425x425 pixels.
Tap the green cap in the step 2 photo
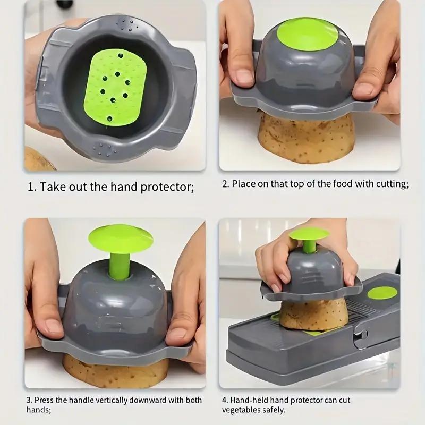coord(308,34)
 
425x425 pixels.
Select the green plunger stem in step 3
coord(120,265)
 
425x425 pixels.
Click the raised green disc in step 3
coord(120,237)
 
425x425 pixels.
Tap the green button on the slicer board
coord(382,293)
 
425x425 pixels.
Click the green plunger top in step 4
coord(309,233)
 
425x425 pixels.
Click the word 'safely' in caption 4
coord(275,410)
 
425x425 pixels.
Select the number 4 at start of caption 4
coord(224,400)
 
